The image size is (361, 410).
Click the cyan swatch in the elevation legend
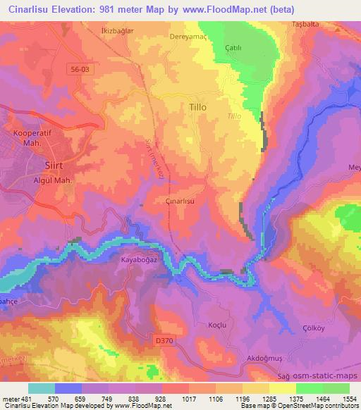(42, 388)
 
